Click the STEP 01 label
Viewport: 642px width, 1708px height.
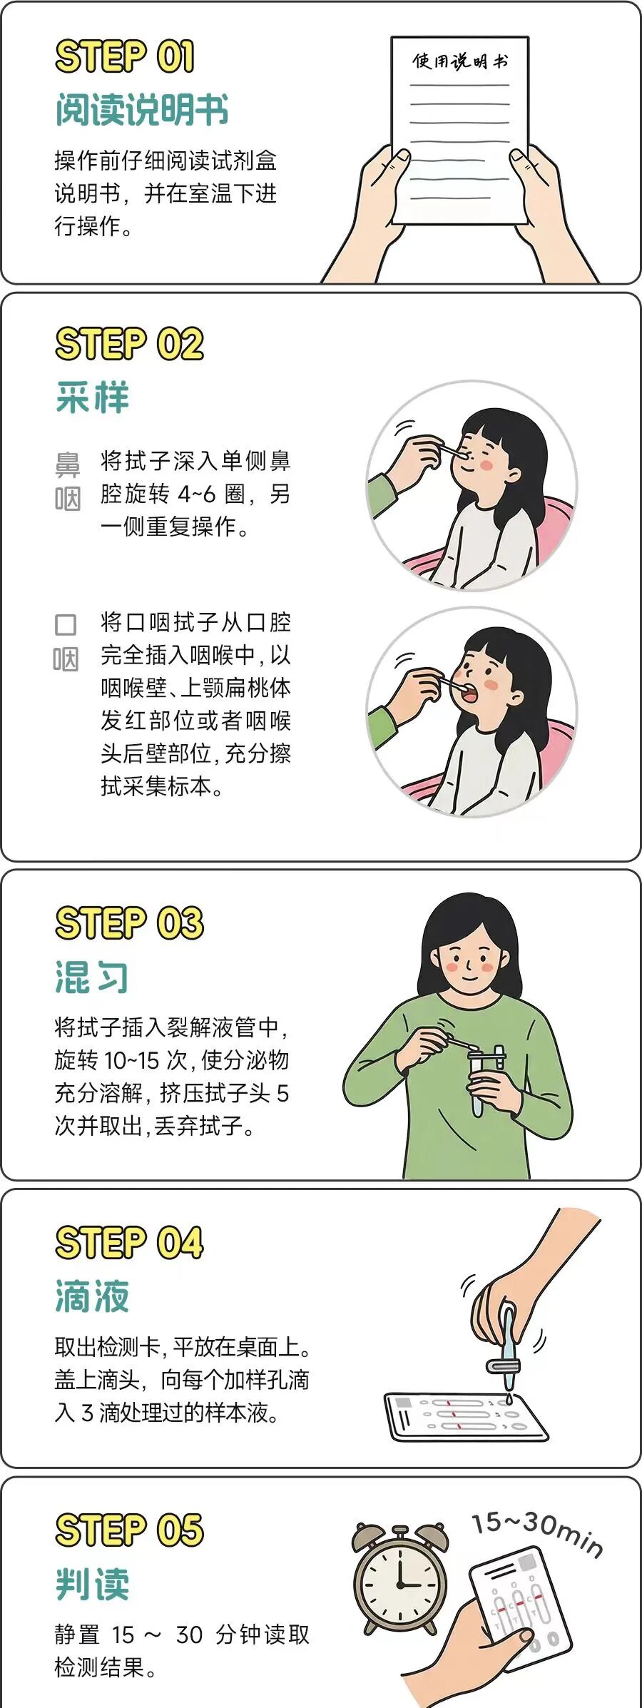125,56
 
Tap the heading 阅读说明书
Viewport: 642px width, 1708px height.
142,110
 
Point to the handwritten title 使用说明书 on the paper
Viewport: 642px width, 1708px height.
460,61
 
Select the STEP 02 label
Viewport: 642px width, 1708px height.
129,344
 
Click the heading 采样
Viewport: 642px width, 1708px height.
93,397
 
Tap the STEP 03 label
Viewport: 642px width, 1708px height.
129,922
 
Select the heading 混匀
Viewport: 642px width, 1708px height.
93,977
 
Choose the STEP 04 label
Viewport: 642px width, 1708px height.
129,1242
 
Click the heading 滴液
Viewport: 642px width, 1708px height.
93,1296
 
